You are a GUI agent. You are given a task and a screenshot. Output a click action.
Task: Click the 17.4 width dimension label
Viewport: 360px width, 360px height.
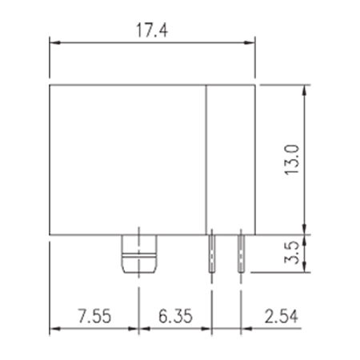(x=152, y=30)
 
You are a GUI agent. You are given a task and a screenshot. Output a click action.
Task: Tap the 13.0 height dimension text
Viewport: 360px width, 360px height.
(x=292, y=160)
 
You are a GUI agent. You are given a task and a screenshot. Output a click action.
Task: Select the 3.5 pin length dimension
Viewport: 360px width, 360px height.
(x=291, y=252)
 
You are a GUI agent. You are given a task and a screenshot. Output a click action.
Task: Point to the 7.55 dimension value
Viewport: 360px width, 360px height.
(x=94, y=316)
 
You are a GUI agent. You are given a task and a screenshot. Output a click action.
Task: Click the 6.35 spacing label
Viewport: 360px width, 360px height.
(x=175, y=316)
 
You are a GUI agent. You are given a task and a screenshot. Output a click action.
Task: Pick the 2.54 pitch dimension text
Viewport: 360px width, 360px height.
(x=281, y=316)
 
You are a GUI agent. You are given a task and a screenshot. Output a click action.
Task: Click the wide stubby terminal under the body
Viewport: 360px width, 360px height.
(x=139, y=254)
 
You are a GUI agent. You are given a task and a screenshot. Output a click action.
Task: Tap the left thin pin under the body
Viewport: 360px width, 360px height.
(x=212, y=254)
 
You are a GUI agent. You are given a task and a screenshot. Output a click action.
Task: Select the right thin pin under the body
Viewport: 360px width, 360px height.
(x=241, y=254)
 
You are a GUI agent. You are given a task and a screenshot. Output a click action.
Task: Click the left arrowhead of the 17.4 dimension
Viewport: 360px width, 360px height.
(x=54, y=42)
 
